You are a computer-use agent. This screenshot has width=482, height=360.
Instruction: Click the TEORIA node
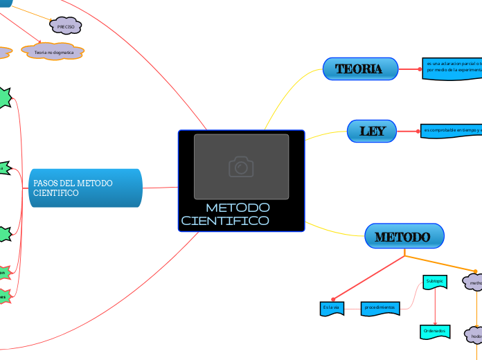(360, 69)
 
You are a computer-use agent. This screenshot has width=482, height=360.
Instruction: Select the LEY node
(372, 131)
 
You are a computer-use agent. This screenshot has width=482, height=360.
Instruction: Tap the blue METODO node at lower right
(404, 237)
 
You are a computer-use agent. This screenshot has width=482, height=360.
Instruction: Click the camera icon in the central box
(241, 167)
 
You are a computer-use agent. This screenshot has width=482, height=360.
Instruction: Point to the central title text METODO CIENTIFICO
(229, 214)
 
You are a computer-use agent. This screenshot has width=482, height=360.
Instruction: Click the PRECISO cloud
(66, 26)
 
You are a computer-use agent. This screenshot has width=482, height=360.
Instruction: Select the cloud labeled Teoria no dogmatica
(53, 52)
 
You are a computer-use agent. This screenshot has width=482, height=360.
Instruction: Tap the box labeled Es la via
(331, 307)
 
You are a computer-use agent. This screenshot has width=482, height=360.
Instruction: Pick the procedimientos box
(380, 307)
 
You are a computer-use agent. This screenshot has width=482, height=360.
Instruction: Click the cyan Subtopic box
(434, 282)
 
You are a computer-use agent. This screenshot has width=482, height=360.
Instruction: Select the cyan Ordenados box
(434, 332)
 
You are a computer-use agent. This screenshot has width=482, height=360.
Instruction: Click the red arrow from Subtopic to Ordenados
(434, 307)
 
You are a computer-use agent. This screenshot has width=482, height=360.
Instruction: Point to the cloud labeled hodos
(475, 336)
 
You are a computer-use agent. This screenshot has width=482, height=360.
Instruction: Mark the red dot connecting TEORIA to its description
(420, 69)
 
